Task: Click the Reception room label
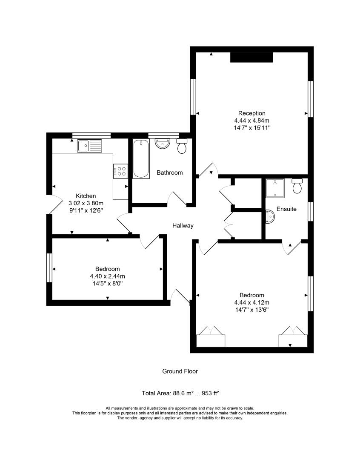click(x=251, y=113)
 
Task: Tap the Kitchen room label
click(x=86, y=196)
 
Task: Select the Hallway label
click(x=183, y=226)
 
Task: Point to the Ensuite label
click(x=286, y=209)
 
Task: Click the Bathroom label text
click(x=169, y=172)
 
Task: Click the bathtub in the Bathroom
click(x=141, y=159)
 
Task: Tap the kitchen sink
click(x=89, y=146)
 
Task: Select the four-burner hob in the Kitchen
click(x=120, y=171)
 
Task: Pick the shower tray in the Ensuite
click(x=275, y=188)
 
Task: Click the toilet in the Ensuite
click(x=297, y=186)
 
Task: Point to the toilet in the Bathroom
click(x=182, y=146)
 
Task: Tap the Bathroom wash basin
click(x=162, y=144)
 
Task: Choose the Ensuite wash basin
click(x=270, y=217)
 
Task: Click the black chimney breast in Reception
click(x=251, y=57)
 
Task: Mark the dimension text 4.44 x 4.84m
click(x=251, y=121)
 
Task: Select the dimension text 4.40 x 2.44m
click(x=108, y=276)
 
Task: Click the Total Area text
click(x=180, y=393)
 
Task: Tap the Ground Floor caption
click(x=180, y=371)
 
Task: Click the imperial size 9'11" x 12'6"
click(x=86, y=210)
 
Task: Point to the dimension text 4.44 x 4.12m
click(x=251, y=302)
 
